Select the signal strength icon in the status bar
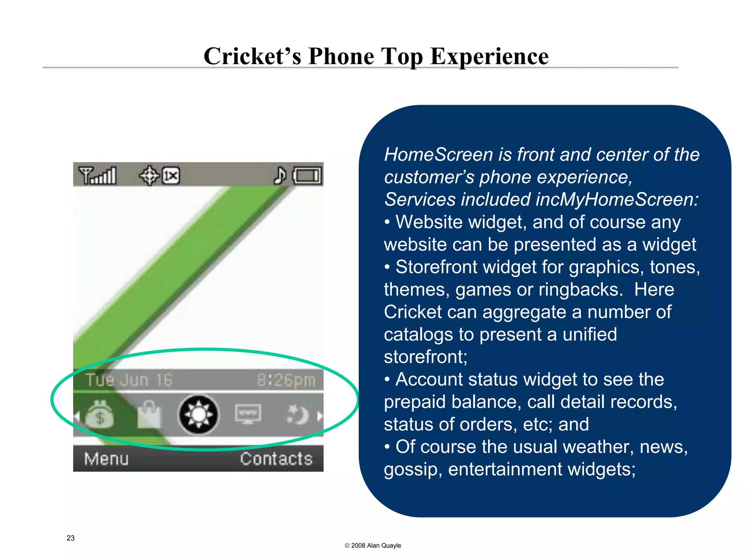pos(98,176)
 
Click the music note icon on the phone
pos(280,175)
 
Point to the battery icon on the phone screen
pos(308,176)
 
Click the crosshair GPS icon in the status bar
pos(149,176)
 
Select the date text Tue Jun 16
pos(129,380)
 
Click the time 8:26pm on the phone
pos(286,380)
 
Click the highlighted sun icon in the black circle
pos(199,415)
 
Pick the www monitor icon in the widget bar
pos(248,414)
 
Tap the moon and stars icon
pos(298,415)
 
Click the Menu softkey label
pos(106,459)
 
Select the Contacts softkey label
pos(276,459)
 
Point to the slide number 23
pos(71,538)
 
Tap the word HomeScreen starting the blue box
pos(438,155)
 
